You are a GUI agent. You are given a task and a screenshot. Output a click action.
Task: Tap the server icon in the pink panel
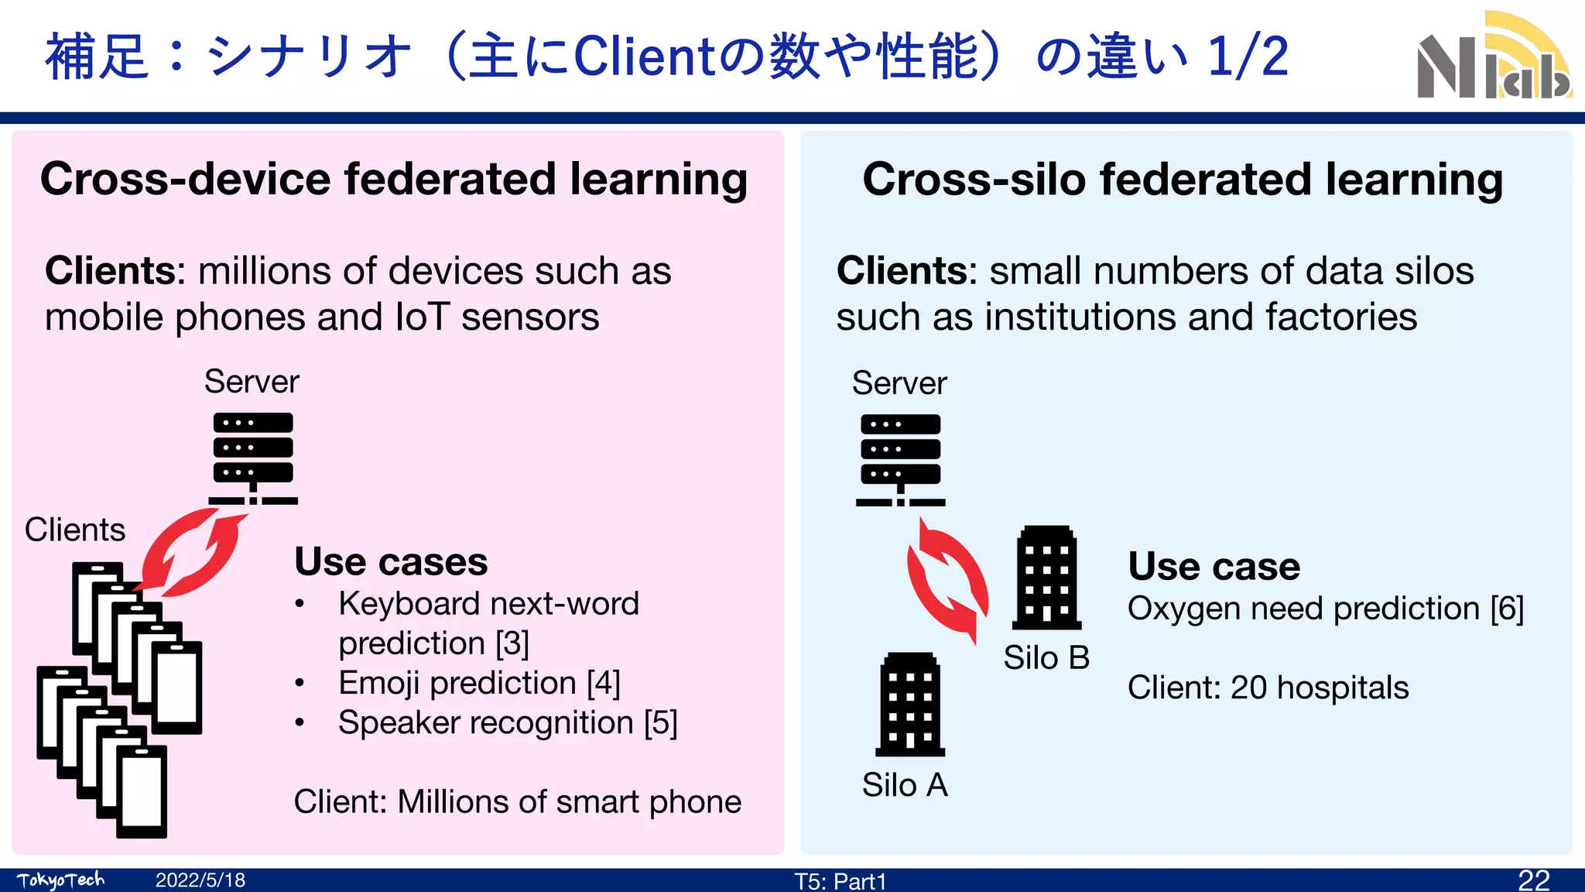tap(253, 458)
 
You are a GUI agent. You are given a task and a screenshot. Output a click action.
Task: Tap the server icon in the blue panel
tap(901, 459)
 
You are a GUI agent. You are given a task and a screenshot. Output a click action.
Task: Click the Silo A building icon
tap(910, 705)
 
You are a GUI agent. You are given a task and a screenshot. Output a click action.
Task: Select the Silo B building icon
tap(1046, 578)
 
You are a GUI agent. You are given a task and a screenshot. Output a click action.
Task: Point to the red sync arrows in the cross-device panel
tap(191, 552)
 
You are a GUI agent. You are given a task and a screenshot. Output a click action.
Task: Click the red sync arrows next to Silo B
tap(947, 579)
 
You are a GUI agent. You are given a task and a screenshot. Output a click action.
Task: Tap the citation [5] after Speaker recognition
tap(660, 722)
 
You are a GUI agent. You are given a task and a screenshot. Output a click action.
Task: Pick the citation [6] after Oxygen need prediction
tap(1507, 609)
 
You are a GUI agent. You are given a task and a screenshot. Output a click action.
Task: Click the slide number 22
tap(1533, 880)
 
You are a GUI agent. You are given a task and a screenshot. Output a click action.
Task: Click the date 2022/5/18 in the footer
tap(200, 880)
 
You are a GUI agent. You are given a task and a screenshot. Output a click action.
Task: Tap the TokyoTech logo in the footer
tap(60, 880)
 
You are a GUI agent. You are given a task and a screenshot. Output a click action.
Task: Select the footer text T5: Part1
tap(840, 881)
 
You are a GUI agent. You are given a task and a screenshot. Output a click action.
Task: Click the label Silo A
tap(905, 785)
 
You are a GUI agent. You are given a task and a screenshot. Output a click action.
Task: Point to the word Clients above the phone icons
tap(75, 530)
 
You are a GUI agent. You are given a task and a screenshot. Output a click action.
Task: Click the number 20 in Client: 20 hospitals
tap(1248, 688)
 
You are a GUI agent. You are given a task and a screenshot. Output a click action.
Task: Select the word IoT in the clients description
tap(422, 317)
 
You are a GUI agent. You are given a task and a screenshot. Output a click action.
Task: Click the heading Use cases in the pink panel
tap(391, 561)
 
